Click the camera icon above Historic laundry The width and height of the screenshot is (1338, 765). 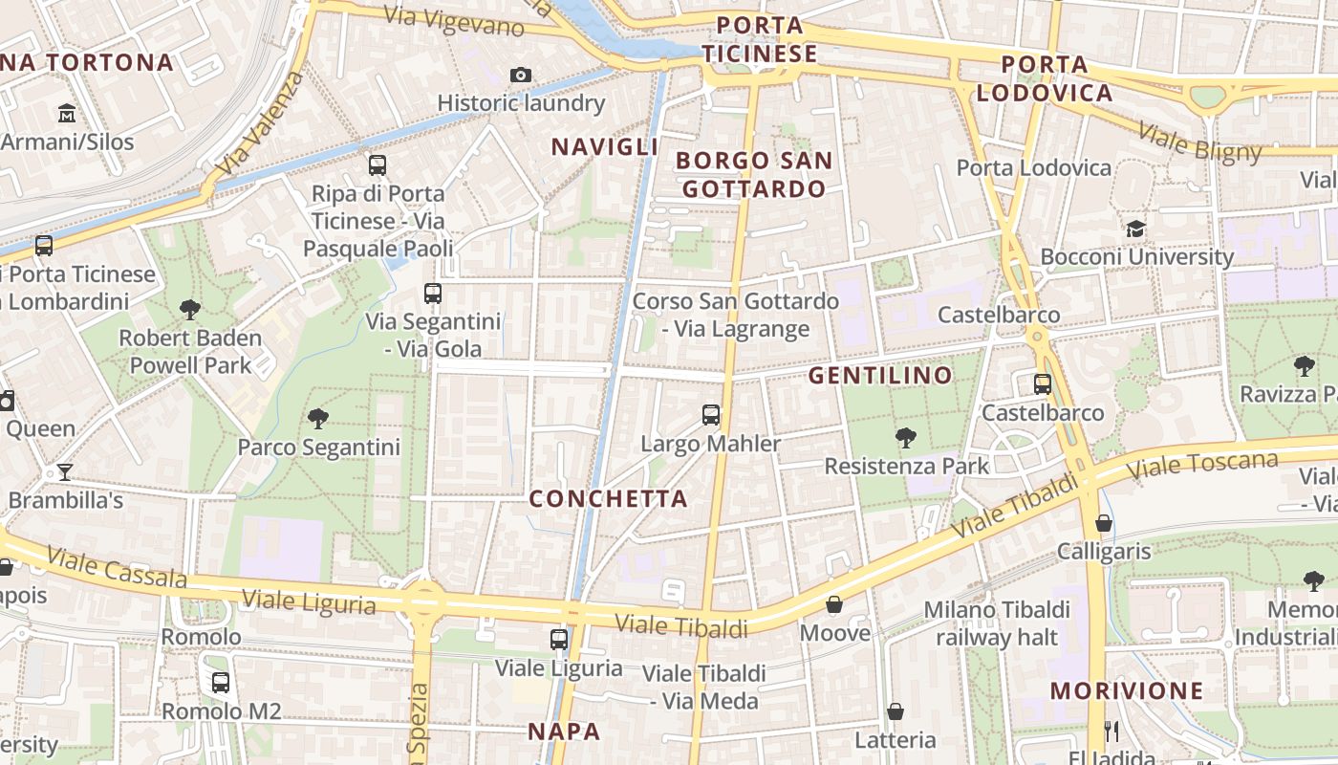click(521, 75)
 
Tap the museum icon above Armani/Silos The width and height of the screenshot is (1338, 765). click(67, 114)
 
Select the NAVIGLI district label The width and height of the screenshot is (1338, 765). click(605, 146)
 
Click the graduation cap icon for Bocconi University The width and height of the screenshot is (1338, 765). click(1135, 229)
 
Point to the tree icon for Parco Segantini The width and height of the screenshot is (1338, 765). click(318, 418)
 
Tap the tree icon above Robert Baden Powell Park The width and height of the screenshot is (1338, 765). click(189, 309)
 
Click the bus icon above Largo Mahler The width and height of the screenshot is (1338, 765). click(711, 415)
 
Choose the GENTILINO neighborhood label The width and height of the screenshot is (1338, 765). click(880, 375)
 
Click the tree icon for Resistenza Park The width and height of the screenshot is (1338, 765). click(906, 438)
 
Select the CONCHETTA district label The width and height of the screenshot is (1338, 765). click(608, 498)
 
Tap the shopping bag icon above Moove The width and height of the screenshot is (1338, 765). click(834, 604)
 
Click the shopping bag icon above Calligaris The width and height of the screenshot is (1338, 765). click(1104, 523)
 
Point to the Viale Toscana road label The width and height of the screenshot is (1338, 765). click(1203, 466)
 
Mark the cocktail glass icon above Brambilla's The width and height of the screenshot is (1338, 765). click(64, 471)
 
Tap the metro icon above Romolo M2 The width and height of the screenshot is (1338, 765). click(221, 683)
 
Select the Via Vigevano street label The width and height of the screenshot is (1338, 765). click(454, 21)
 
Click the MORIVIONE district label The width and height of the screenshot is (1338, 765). click(1127, 690)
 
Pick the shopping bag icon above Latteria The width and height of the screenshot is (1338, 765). click(896, 711)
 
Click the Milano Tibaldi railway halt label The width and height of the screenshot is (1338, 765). click(997, 623)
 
